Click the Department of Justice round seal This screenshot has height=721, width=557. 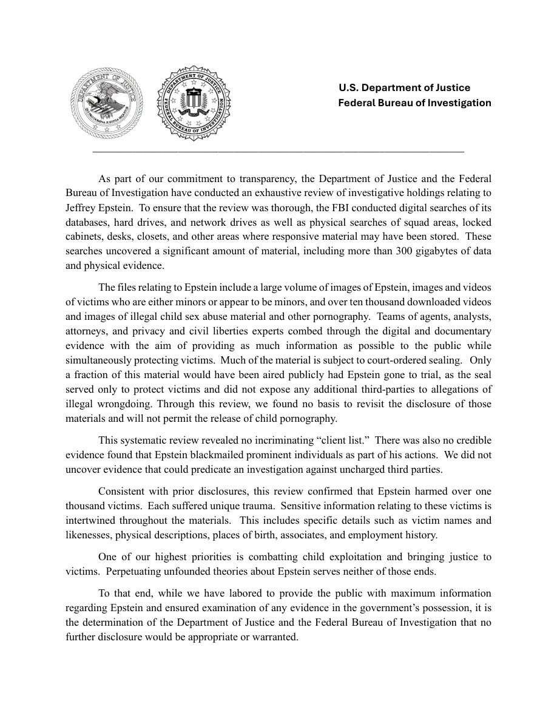click(x=107, y=103)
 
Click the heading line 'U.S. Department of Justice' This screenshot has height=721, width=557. click(x=404, y=88)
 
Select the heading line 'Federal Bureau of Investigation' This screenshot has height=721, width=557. click(x=414, y=103)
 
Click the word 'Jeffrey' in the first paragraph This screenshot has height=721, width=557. click(x=81, y=208)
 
